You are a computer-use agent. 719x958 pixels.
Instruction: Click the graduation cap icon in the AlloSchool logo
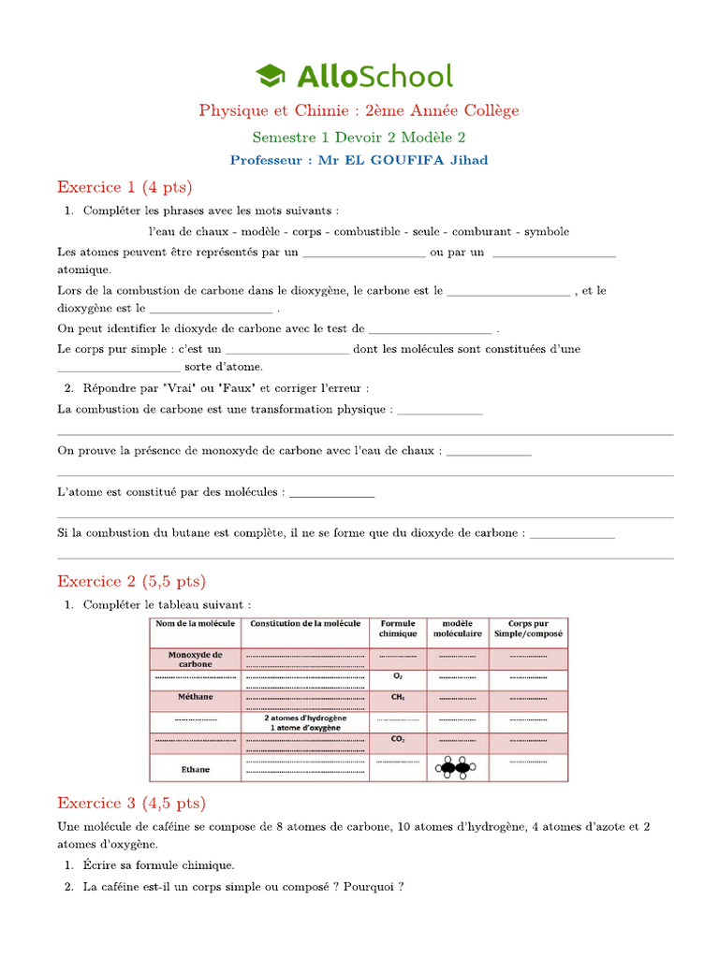point(270,76)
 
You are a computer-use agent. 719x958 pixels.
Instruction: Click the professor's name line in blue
point(359,160)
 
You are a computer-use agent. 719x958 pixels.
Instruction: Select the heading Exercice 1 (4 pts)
point(124,187)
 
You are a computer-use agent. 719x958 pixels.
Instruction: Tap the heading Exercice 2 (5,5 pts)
point(131,581)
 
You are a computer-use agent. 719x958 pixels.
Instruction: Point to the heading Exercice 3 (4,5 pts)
point(131,803)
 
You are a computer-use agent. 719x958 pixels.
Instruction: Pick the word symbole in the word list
point(546,231)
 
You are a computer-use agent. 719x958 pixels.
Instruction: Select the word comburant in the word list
point(480,231)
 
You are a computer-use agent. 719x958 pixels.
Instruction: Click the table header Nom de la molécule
point(195,624)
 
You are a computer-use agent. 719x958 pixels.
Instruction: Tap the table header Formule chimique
point(398,629)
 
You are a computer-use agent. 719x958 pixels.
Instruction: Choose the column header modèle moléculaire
point(457,629)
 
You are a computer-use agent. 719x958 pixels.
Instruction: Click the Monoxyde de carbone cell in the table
point(195,660)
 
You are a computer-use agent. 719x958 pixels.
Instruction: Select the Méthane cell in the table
point(195,697)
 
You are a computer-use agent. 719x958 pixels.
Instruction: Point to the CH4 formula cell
point(398,697)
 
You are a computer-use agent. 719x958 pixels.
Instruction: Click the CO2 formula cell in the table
point(398,739)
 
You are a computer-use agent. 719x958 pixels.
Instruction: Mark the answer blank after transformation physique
point(440,410)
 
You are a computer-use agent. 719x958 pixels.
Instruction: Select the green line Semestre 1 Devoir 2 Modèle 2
point(359,137)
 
